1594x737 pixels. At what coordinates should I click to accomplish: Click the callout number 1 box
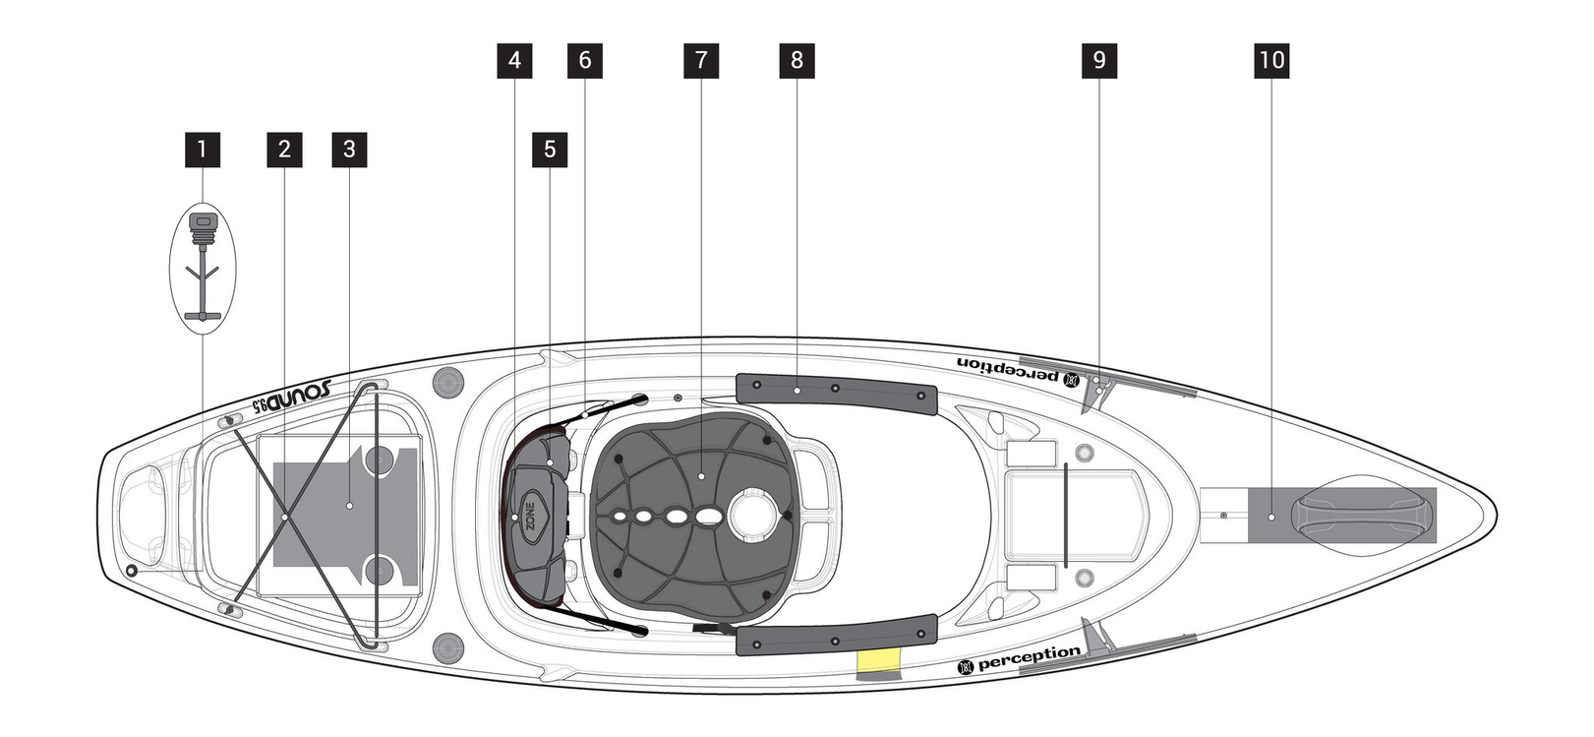pyautogui.click(x=203, y=150)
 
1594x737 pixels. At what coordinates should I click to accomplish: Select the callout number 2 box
pyautogui.click(x=284, y=150)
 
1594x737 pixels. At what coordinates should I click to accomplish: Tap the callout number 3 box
pyautogui.click(x=349, y=150)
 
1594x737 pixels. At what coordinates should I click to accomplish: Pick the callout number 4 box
pyautogui.click(x=514, y=60)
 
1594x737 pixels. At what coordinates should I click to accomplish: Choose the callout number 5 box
pyautogui.click(x=550, y=150)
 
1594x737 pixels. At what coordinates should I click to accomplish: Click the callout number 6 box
pyautogui.click(x=585, y=60)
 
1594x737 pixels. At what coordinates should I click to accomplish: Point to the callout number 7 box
pyautogui.click(x=701, y=60)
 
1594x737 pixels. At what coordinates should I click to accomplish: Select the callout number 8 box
pyautogui.click(x=797, y=60)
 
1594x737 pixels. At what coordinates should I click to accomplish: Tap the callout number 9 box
pyautogui.click(x=1099, y=60)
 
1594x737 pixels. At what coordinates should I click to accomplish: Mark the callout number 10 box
pyautogui.click(x=1272, y=60)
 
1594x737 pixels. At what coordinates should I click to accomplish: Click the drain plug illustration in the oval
pyautogui.click(x=203, y=264)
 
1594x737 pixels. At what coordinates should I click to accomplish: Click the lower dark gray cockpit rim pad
pyautogui.click(x=836, y=636)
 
